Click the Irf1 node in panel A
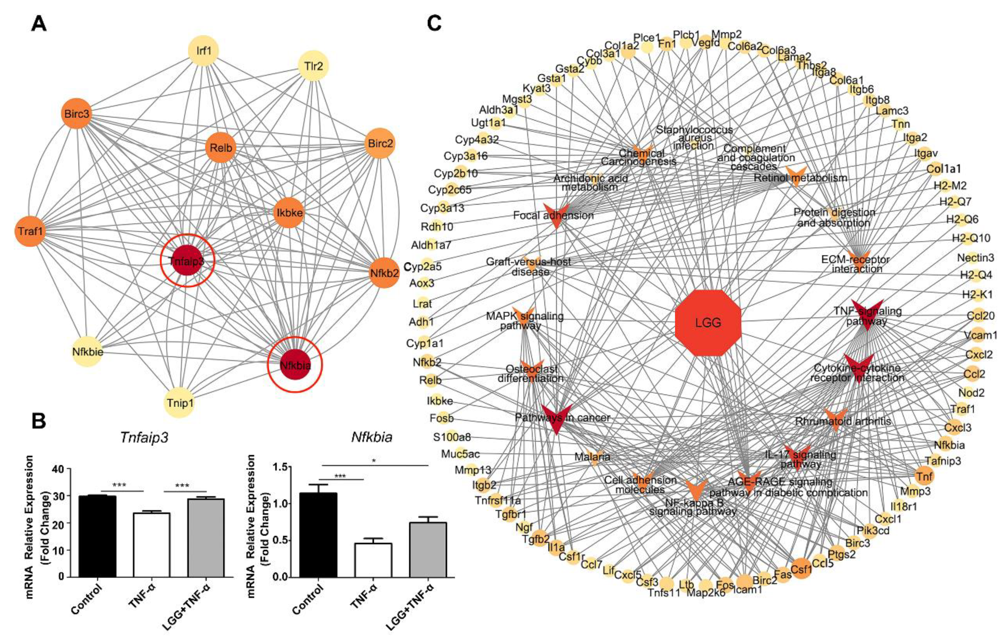(204, 51)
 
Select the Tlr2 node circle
(314, 66)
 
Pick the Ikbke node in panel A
(289, 213)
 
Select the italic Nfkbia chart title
(371, 437)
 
